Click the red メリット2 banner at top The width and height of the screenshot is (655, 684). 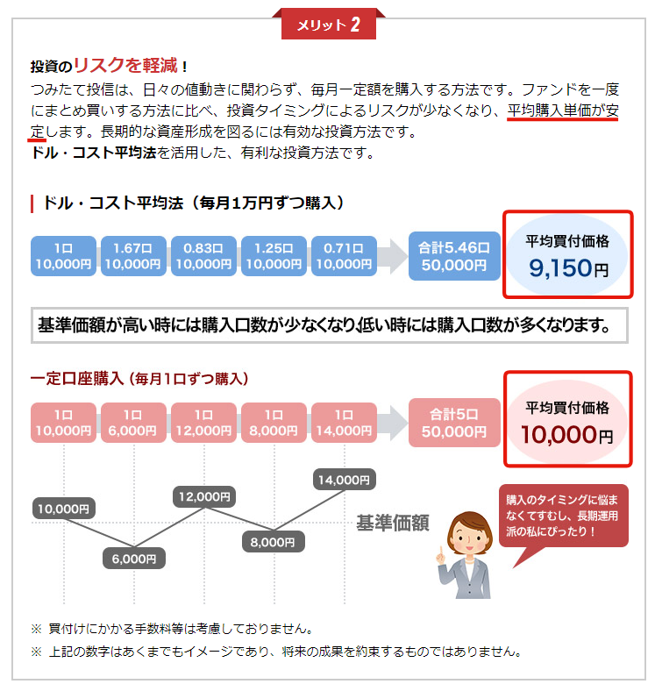pyautogui.click(x=328, y=24)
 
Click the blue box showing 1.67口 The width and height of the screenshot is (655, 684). pyautogui.click(x=133, y=256)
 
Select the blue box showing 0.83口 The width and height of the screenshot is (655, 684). pyautogui.click(x=203, y=256)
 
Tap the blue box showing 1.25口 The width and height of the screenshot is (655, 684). pyautogui.click(x=274, y=256)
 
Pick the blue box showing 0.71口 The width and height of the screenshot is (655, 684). pyautogui.click(x=344, y=256)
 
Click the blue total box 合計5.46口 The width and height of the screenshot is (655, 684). pyautogui.click(x=454, y=256)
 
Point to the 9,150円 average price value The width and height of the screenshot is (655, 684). pyautogui.click(x=569, y=267)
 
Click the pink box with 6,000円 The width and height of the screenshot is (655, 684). pyautogui.click(x=133, y=423)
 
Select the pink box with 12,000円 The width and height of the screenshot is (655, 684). pyautogui.click(x=203, y=423)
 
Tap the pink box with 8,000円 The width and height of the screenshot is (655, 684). pyautogui.click(x=274, y=423)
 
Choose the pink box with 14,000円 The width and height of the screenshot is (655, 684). pyautogui.click(x=344, y=423)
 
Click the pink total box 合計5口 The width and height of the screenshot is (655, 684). pyautogui.click(x=454, y=423)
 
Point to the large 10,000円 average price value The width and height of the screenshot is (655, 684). pyautogui.click(x=567, y=435)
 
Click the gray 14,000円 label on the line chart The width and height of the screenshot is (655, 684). pyautogui.click(x=344, y=480)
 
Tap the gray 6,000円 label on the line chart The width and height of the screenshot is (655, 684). pyautogui.click(x=134, y=559)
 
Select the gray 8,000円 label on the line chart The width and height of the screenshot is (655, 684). pyautogui.click(x=274, y=542)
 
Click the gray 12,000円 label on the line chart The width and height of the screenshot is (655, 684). pyautogui.click(x=204, y=496)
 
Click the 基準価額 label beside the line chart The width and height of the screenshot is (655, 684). pyautogui.click(x=393, y=523)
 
